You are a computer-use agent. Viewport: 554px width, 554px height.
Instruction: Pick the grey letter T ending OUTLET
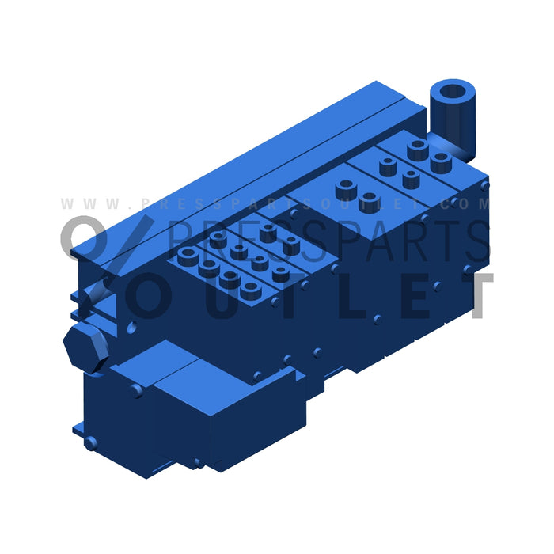click(474, 297)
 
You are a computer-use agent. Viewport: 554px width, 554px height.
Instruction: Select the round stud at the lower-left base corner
click(91, 443)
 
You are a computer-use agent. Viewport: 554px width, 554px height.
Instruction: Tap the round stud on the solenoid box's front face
click(137, 390)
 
